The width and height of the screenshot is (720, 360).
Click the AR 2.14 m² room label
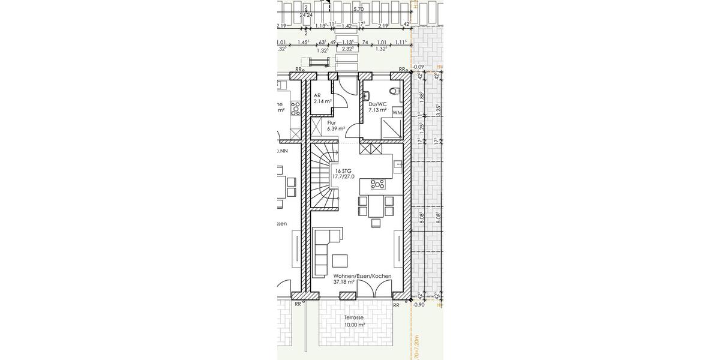pyautogui.click(x=322, y=99)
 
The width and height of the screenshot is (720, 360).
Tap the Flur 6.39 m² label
pyautogui.click(x=335, y=125)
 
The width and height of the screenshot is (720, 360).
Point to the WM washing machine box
pyautogui.click(x=397, y=112)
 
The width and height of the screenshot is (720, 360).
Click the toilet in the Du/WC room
pyautogui.click(x=394, y=92)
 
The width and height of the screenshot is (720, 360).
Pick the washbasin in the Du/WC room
pyautogui.click(x=367, y=94)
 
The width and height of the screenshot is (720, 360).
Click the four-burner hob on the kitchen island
pyautogui.click(x=377, y=184)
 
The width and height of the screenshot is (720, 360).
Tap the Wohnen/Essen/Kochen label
pyautogui.click(x=362, y=278)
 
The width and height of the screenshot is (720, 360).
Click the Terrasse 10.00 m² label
pyautogui.click(x=354, y=322)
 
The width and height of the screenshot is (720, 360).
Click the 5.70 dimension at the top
pyautogui.click(x=358, y=10)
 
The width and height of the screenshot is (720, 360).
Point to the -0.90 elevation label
pyautogui.click(x=419, y=305)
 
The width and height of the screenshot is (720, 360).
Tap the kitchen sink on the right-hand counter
pyautogui.click(x=397, y=164)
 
